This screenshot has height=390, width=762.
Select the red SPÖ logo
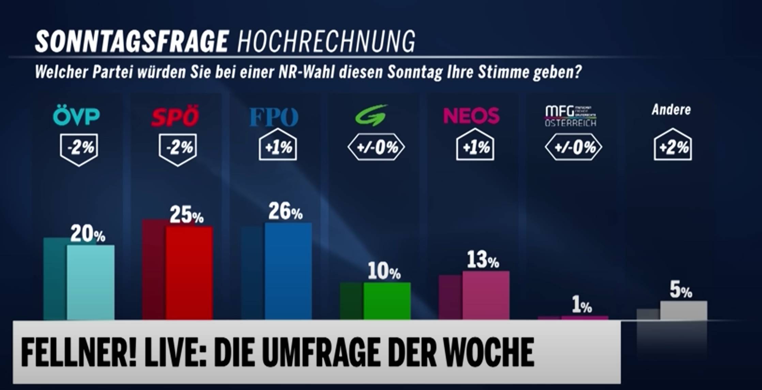tap(175, 117)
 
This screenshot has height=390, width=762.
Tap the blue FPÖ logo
tap(274, 117)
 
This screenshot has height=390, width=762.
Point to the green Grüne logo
tap(371, 115)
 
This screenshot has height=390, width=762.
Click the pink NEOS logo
tap(471, 116)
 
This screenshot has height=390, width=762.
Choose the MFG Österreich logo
tap(570, 116)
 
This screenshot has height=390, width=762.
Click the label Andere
tap(671, 110)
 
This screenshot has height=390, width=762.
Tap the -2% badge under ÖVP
tap(79, 148)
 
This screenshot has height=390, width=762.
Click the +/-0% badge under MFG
tap(574, 147)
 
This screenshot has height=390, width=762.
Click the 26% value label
tap(285, 212)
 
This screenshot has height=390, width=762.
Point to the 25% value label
tap(186, 215)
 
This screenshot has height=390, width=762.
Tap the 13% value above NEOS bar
tap(483, 260)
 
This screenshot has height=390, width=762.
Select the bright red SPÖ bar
tap(189, 272)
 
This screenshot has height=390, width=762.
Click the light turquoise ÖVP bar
tap(90, 282)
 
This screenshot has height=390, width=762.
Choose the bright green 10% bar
tap(387, 301)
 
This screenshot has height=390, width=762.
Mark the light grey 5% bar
tap(684, 310)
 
